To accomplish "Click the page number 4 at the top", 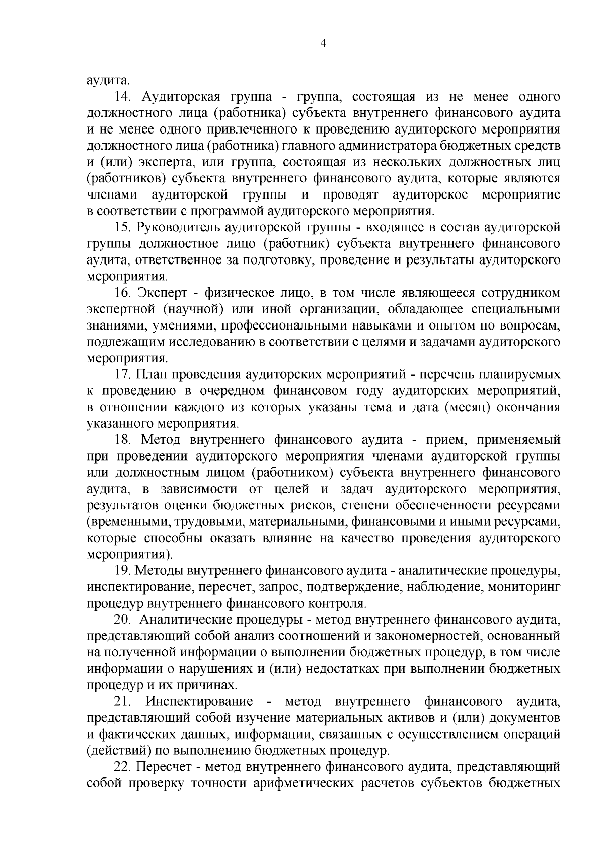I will (324, 44).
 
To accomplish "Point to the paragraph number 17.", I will (123, 374).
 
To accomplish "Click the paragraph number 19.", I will (123, 571).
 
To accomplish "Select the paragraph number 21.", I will (123, 702).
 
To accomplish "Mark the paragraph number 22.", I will (123, 767).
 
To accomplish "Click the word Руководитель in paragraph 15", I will (176, 227).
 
